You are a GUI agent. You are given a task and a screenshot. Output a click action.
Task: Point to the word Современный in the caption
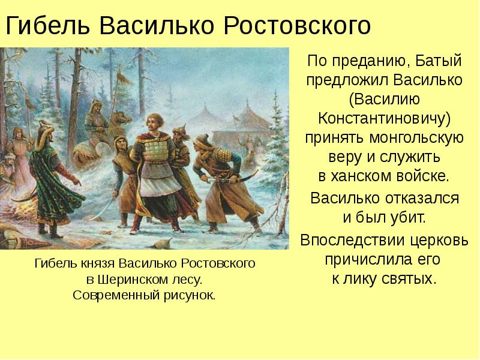108,295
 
